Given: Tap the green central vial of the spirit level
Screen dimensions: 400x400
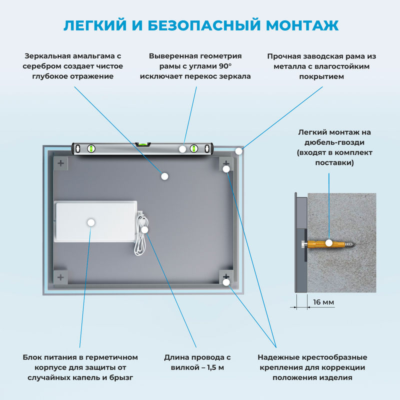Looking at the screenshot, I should [143, 143].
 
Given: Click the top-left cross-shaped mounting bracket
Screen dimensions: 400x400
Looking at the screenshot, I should [60, 163].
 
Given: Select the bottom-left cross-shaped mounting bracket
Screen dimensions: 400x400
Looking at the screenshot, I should [60, 276].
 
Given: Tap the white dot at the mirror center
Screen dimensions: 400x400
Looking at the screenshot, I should [164, 175].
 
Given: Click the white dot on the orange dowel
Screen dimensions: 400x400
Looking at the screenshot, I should [329, 243].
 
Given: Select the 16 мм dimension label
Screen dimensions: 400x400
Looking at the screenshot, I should [324, 302].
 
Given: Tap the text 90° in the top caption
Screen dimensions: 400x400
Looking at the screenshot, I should [226, 66].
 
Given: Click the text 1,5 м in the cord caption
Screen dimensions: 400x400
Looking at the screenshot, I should [211, 367].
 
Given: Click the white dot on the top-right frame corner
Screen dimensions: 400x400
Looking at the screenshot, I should [239, 150].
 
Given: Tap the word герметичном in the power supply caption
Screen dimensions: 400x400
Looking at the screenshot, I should [113, 357].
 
